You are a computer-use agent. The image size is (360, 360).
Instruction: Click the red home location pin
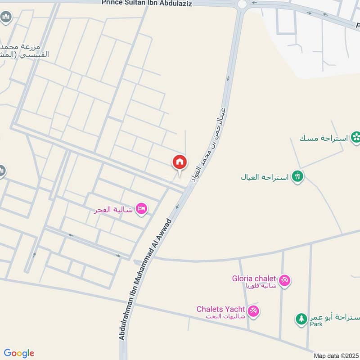coord(180,162)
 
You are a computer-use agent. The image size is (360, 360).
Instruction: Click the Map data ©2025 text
coord(336,355)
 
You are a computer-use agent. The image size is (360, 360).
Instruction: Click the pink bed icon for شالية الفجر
coord(142,209)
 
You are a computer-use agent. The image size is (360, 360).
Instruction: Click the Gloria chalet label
coord(254,279)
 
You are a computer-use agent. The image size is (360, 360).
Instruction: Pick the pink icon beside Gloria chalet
coord(284,281)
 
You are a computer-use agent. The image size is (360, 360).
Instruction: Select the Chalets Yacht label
coord(220,309)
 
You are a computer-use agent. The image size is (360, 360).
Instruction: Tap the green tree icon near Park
coord(301,319)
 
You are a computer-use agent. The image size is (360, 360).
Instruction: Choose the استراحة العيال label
coord(265,177)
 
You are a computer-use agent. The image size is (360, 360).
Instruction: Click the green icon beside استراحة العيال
coord(297,176)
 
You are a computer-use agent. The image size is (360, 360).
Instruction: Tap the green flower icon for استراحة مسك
coord(356,137)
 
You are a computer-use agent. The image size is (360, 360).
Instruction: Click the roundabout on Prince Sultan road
coord(243,4)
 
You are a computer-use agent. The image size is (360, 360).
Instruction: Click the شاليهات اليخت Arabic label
coord(225,316)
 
